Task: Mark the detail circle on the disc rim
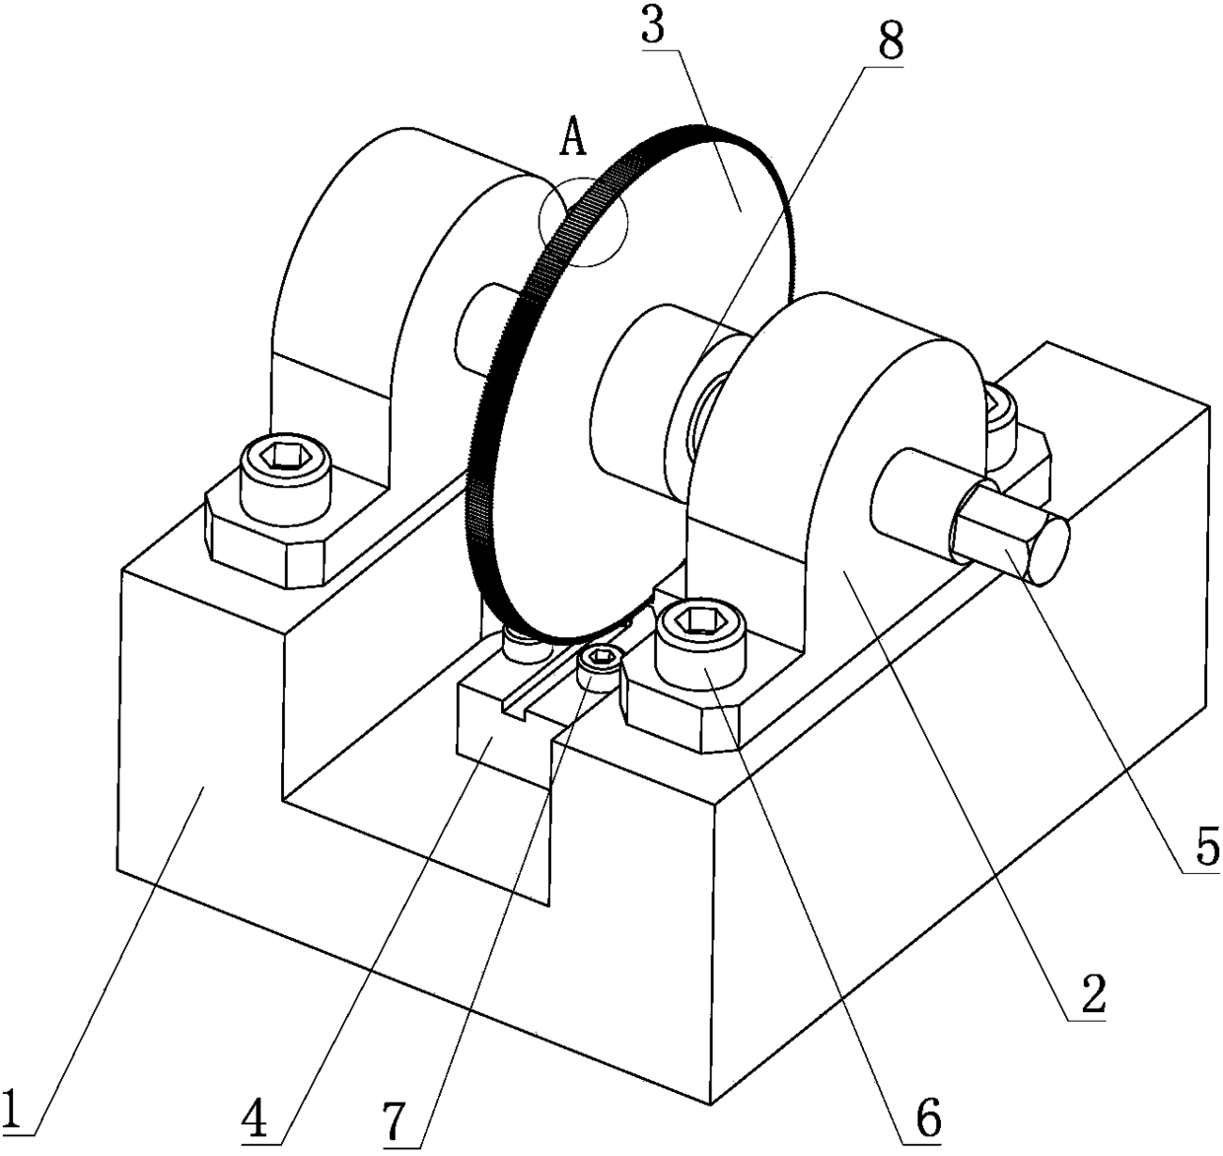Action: (x=583, y=221)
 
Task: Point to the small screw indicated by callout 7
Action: (x=599, y=661)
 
